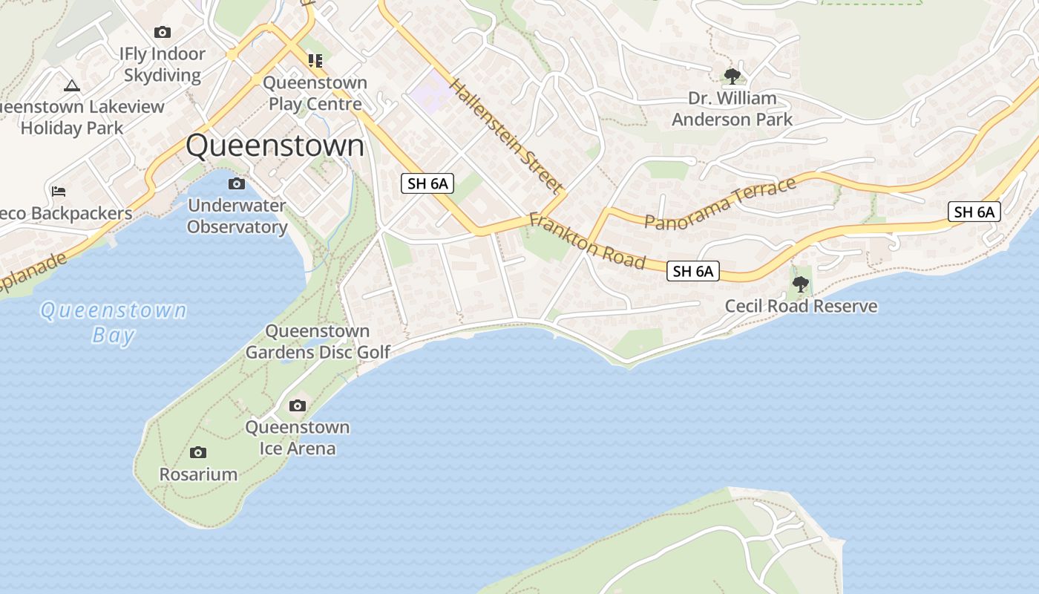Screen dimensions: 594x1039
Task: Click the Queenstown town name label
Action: click(275, 146)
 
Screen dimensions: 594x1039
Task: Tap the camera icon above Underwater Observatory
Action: click(237, 183)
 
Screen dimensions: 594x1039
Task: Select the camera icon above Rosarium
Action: click(198, 452)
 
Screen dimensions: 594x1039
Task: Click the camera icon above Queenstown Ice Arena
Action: click(298, 405)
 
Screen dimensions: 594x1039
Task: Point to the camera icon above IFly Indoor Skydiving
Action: click(163, 32)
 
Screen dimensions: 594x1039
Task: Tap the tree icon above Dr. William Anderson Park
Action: click(732, 76)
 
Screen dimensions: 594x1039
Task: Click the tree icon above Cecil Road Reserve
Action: click(800, 284)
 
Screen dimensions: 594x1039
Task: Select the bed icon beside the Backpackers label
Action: click(59, 192)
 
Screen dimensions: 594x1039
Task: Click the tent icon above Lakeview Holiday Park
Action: click(71, 85)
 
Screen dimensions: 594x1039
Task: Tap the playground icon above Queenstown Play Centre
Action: click(315, 60)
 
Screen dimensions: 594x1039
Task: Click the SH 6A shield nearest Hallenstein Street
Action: click(427, 183)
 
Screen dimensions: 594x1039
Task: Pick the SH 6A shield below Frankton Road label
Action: click(693, 271)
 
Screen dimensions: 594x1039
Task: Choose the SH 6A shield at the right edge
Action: click(974, 212)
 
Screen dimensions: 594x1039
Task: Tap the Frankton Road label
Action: click(587, 242)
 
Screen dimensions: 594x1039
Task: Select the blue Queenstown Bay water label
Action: click(114, 322)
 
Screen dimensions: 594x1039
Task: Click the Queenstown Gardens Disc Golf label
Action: click(318, 342)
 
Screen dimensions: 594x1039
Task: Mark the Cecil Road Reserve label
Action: click(801, 306)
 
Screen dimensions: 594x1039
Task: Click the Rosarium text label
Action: click(198, 474)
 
